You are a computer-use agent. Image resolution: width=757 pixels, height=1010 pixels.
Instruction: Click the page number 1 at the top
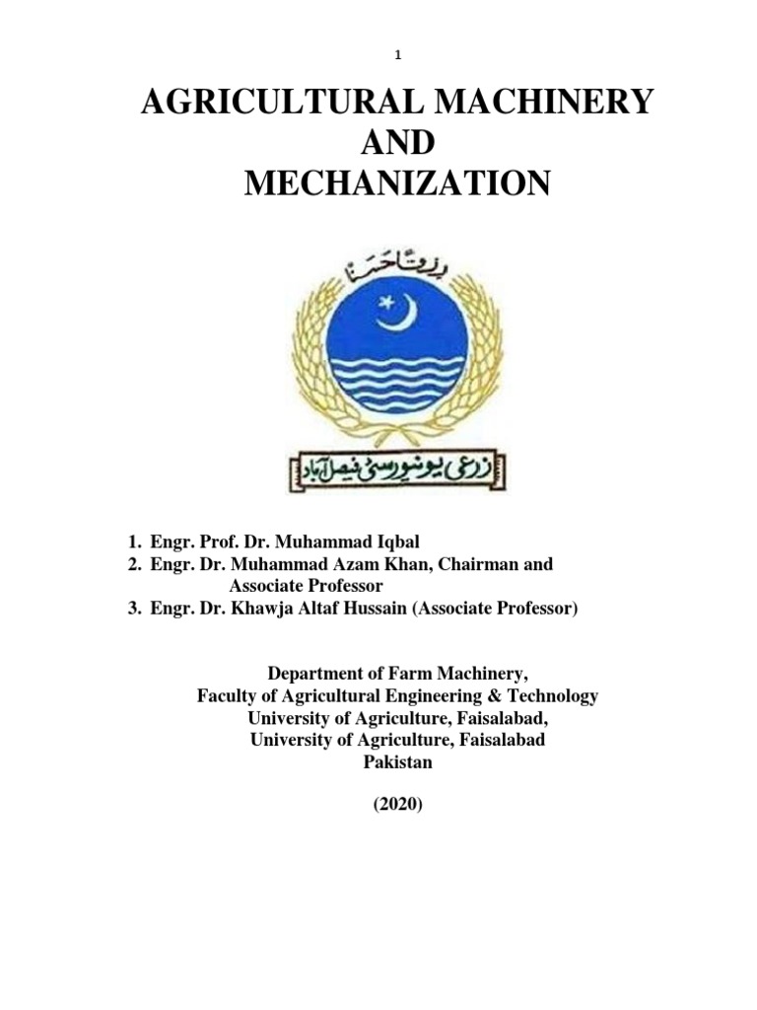[x=398, y=56]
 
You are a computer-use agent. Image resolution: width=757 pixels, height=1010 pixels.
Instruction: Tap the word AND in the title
[x=397, y=143]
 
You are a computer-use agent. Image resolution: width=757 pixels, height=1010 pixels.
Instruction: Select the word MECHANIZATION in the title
[x=397, y=183]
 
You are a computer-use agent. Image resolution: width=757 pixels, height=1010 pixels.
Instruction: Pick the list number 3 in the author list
[x=131, y=609]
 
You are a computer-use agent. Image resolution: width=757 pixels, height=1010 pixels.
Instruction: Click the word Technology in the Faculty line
[x=552, y=696]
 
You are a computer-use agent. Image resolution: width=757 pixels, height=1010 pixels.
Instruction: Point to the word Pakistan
[x=397, y=762]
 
